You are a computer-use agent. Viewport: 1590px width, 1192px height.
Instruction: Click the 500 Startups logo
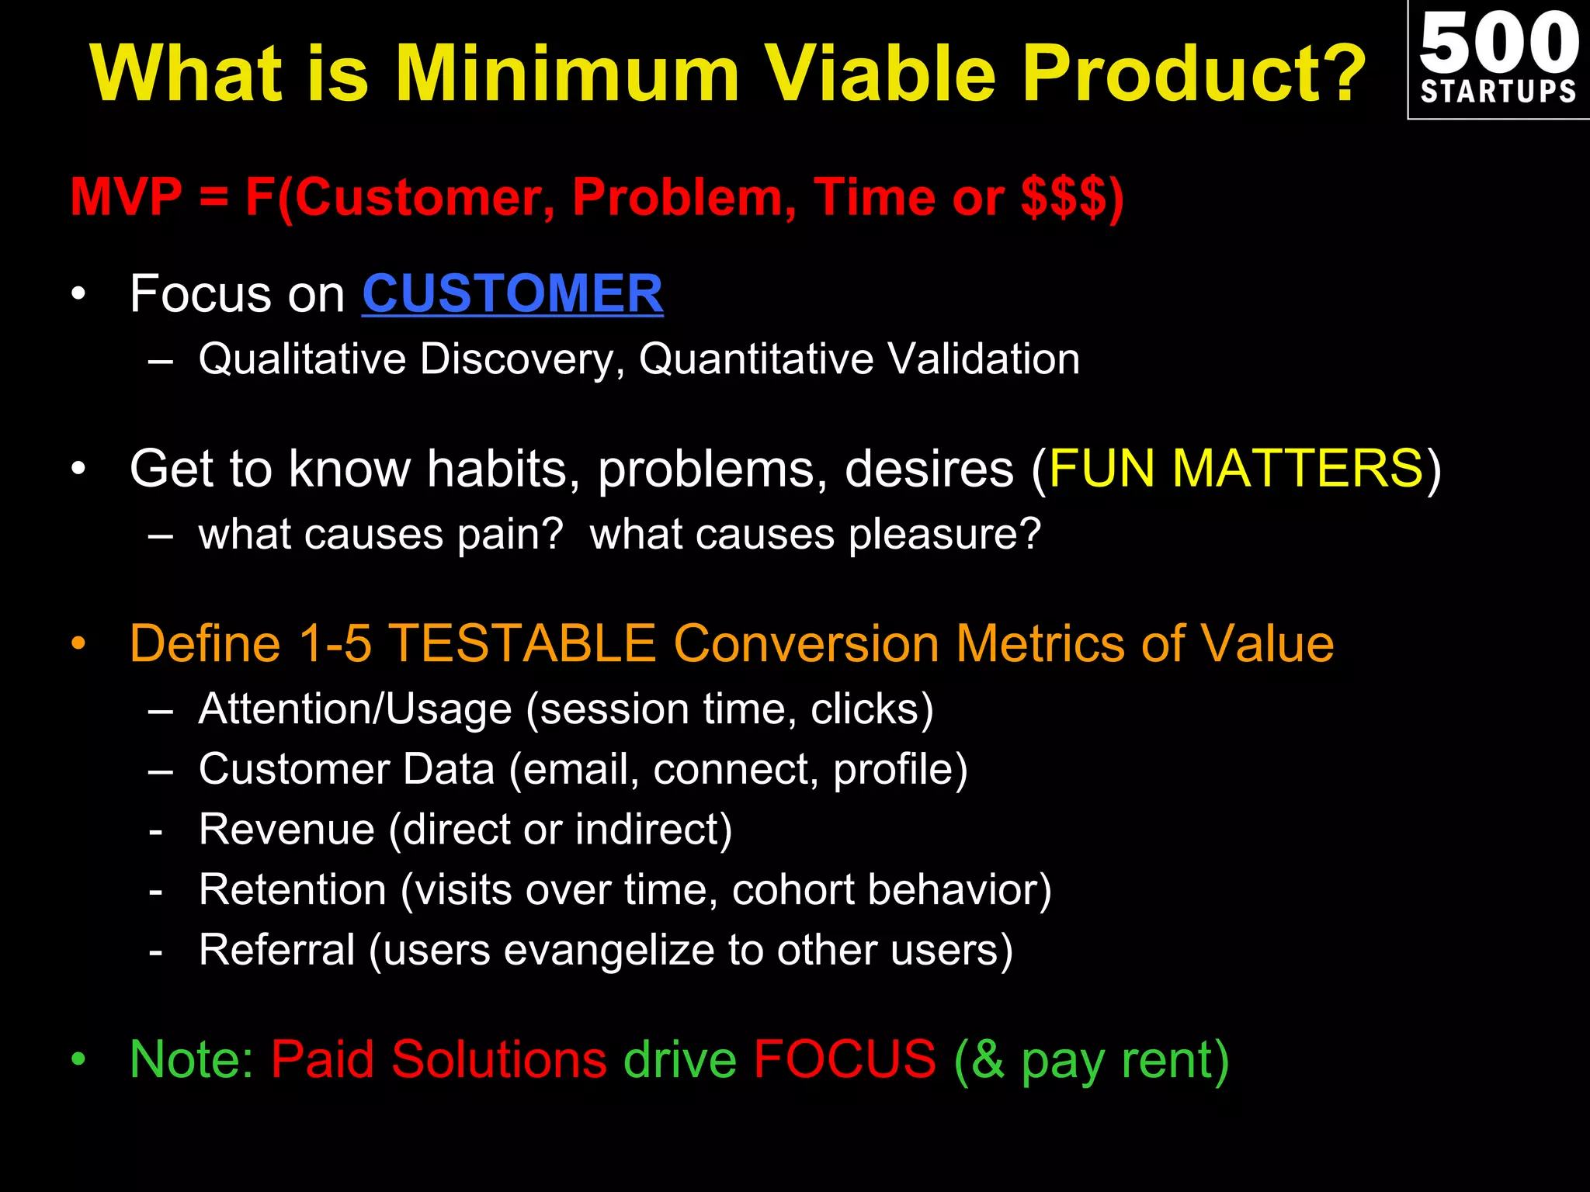click(x=1498, y=59)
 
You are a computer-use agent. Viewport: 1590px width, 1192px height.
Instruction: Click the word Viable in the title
click(x=880, y=73)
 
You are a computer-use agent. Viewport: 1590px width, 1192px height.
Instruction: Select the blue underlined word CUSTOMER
click(x=512, y=294)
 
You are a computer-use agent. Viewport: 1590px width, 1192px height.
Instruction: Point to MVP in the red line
click(x=126, y=197)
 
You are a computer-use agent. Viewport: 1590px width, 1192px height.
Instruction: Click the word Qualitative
click(x=302, y=359)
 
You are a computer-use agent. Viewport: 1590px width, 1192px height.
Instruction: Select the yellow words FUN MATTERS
click(x=1235, y=469)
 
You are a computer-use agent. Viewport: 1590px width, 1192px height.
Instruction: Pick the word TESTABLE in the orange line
click(x=522, y=644)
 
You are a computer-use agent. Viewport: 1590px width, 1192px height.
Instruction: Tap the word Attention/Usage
click(x=355, y=709)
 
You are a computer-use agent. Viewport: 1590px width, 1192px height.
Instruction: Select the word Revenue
click(x=286, y=830)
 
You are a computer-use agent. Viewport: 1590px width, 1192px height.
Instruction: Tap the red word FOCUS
click(x=845, y=1059)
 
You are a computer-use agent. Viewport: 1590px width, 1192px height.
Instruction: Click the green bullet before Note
click(x=78, y=1061)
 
